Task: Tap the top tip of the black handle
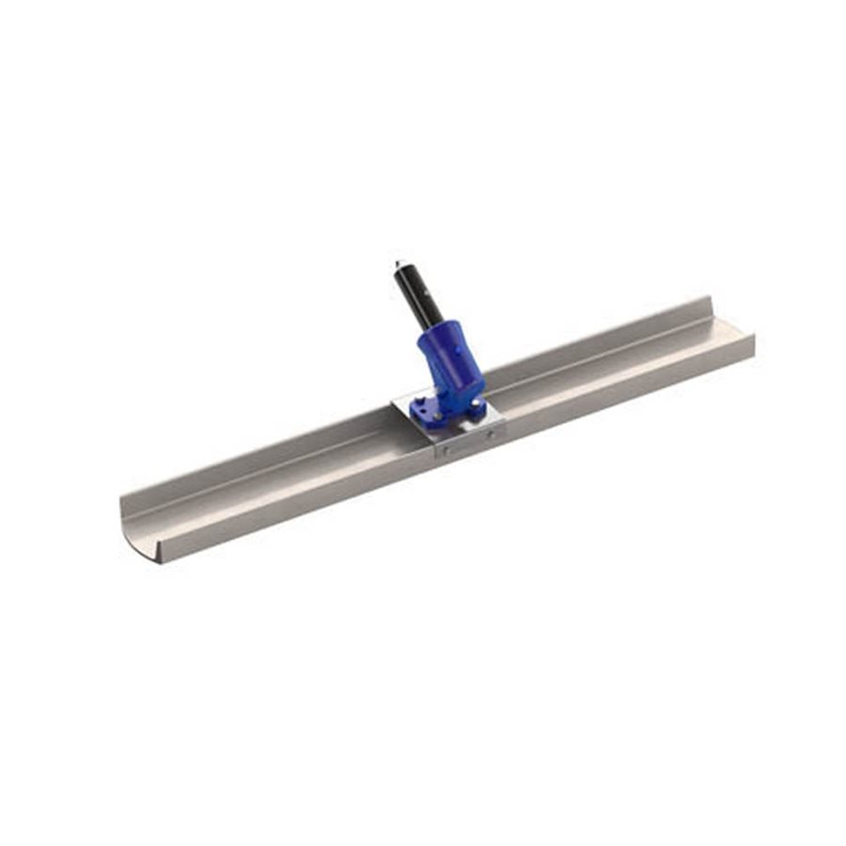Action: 398,263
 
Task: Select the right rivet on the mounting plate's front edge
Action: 491,434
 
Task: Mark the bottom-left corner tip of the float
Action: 157,563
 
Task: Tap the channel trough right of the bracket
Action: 611,362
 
